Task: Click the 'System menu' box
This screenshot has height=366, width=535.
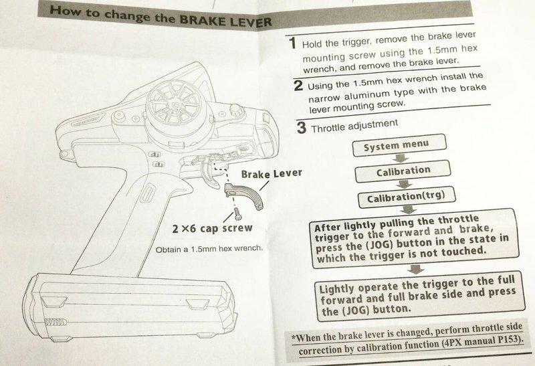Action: point(399,145)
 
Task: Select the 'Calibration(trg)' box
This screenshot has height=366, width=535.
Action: point(407,197)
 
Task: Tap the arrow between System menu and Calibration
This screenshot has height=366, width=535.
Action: point(401,158)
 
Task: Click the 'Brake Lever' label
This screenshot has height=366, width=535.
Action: point(272,174)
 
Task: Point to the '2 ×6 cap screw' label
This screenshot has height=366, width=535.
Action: point(212,228)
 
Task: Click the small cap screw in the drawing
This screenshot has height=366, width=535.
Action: point(238,214)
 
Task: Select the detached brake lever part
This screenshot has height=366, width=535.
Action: point(245,195)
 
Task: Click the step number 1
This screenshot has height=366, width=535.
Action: point(292,43)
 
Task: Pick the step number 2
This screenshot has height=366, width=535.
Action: point(298,86)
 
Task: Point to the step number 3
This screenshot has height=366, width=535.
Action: point(302,128)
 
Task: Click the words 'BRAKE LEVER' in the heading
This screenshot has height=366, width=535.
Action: point(225,21)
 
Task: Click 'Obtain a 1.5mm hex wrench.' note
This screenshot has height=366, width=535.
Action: point(209,249)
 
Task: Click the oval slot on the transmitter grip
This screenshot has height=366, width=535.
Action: point(147,193)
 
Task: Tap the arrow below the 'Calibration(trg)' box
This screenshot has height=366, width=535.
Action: point(409,209)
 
